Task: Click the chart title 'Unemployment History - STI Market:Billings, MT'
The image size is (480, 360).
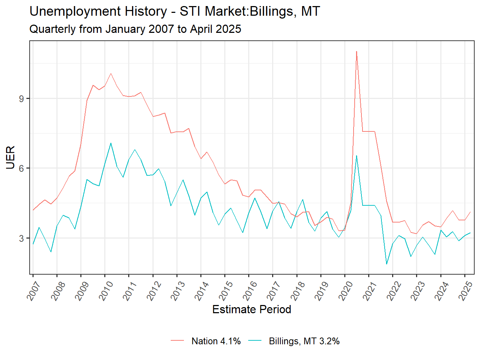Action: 175,11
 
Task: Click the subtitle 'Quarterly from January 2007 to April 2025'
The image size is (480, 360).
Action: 135,29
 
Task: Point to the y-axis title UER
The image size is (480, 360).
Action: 11,157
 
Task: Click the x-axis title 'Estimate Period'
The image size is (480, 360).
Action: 251,309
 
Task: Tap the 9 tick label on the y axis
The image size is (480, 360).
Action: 21,99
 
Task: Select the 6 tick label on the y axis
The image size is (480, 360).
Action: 21,168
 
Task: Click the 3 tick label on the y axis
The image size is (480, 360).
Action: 21,238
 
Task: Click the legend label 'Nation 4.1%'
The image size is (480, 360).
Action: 216,341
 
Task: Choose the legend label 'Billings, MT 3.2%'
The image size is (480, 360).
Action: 304,341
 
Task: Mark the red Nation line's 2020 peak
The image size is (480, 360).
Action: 356,51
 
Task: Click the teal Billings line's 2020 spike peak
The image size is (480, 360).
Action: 356,156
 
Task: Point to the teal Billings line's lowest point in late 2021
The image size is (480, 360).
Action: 386,264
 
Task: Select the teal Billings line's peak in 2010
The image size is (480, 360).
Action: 111,143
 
